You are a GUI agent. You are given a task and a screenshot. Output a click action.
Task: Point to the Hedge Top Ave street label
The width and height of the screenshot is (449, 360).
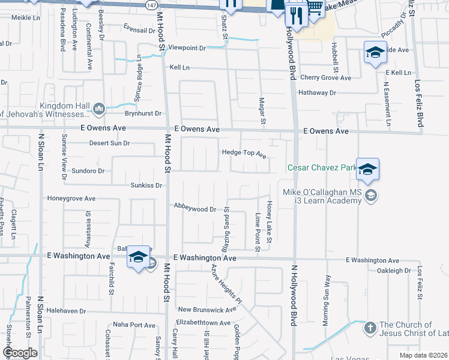(x=244, y=153)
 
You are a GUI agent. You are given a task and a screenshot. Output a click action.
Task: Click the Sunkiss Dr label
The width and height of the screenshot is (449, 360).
(x=146, y=185)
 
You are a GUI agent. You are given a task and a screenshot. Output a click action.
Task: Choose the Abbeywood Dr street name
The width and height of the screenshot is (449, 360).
(x=194, y=208)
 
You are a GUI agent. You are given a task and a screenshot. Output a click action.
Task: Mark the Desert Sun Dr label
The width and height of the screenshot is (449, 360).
(x=109, y=143)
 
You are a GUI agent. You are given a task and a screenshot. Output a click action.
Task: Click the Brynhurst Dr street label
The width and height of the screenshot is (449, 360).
(x=143, y=113)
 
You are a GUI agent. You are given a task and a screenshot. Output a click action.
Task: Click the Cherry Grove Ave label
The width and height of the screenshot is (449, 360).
(x=325, y=77)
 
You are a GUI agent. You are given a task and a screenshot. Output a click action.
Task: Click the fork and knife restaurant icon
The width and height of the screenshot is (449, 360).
(x=297, y=14)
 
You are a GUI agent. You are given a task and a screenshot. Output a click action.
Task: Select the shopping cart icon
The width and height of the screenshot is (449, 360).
(x=315, y=8)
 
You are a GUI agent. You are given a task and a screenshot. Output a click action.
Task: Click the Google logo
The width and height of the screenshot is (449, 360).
(x=20, y=353)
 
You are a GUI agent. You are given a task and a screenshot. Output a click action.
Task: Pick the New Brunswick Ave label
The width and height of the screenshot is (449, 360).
(x=208, y=310)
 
